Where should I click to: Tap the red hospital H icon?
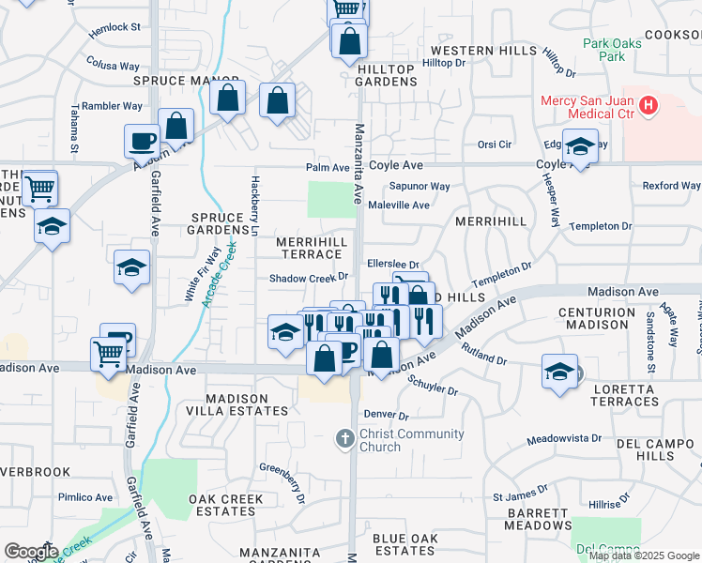tap(649, 107)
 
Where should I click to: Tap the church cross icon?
tap(344, 438)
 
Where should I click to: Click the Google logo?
tap(31, 551)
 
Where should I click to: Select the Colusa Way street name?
tap(113, 65)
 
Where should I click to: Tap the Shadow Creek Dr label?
tap(309, 277)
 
